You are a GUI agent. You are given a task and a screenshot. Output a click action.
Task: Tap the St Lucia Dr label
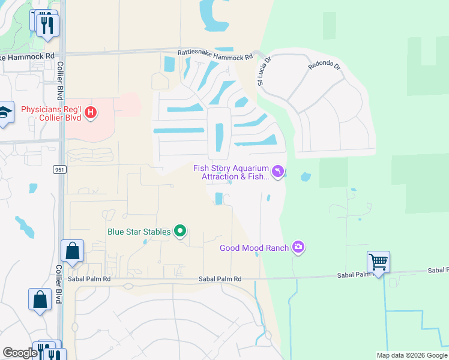[x=264, y=71]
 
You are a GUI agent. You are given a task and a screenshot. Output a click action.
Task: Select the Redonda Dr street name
[x=324, y=65]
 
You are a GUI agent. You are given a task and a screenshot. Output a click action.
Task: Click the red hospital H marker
[x=90, y=113]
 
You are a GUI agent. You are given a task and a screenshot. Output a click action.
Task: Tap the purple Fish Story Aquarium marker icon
[x=277, y=172]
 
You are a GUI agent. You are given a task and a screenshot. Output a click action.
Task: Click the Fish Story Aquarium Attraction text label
[x=231, y=172]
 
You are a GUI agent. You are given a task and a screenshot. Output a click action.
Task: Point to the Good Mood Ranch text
[x=255, y=248]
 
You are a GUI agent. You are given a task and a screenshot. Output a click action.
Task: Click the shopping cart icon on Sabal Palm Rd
[x=378, y=262]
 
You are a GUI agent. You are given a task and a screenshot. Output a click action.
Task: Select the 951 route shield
[x=59, y=170]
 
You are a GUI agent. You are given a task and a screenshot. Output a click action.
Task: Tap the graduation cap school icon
[x=5, y=112]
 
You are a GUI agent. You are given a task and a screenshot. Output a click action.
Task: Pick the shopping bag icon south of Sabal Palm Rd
[x=40, y=299]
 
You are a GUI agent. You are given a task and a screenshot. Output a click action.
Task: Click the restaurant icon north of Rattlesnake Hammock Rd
[x=48, y=25]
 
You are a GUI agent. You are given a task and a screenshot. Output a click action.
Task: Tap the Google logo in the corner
[x=19, y=353]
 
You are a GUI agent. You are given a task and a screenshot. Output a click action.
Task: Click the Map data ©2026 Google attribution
[x=411, y=355]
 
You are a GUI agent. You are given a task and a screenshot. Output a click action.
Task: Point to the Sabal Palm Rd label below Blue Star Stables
[x=220, y=279]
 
